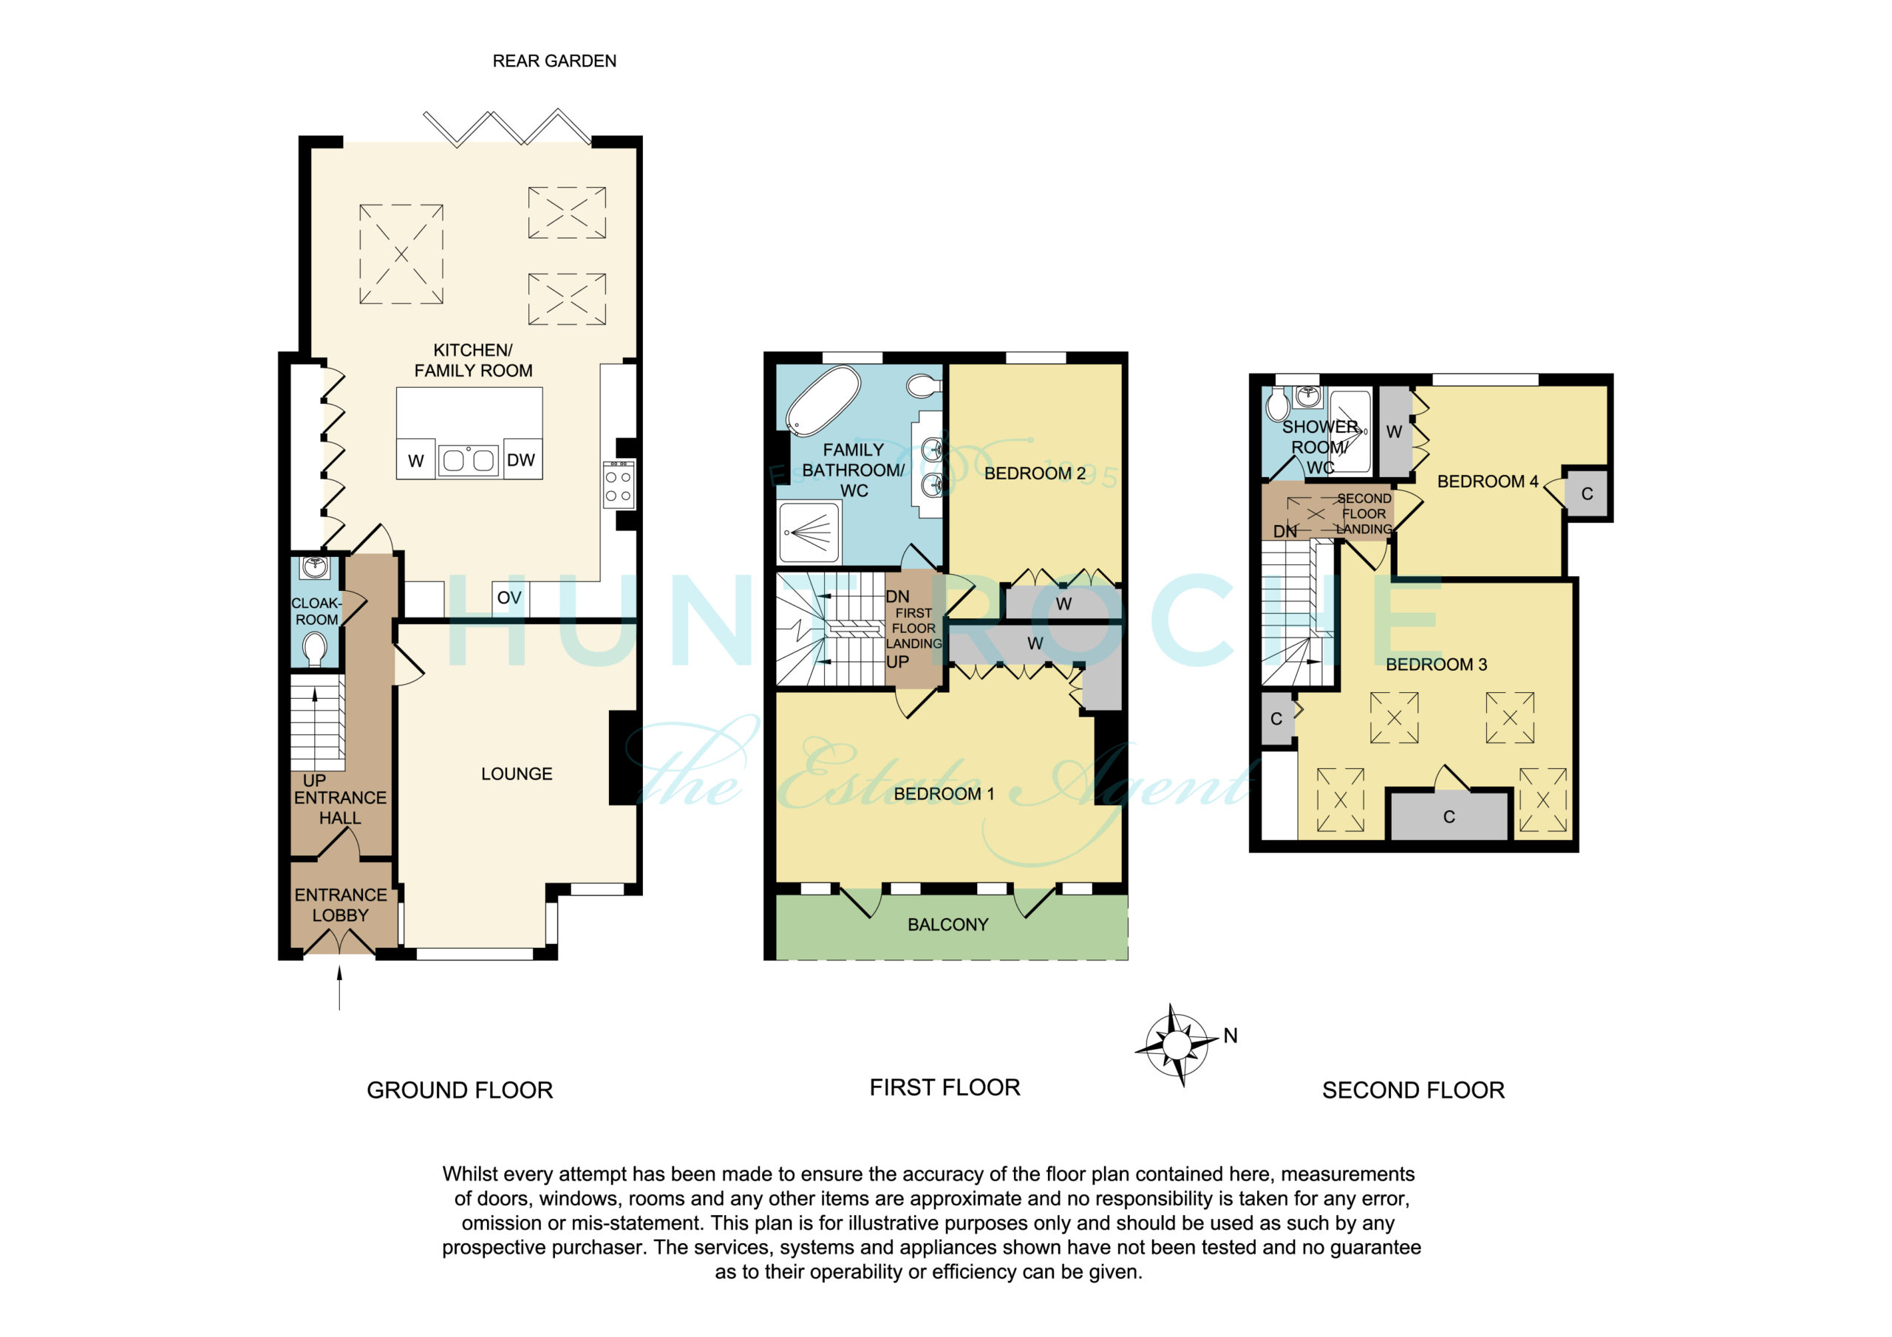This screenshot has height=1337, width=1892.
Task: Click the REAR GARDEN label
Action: [554, 61]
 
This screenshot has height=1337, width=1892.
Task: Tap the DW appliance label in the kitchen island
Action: [521, 459]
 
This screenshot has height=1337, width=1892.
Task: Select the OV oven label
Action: [509, 598]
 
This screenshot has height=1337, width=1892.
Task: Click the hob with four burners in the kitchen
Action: [618, 485]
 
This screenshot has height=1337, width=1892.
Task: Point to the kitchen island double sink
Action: [469, 459]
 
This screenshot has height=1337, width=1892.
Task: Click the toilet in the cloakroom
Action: [314, 649]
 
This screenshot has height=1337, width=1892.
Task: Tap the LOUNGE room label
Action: [517, 773]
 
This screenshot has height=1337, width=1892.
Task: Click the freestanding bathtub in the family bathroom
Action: [823, 401]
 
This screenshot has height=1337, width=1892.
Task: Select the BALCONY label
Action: [947, 924]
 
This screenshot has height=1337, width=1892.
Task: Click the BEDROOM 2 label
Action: [1035, 473]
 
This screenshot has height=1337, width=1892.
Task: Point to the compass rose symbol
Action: [1177, 1044]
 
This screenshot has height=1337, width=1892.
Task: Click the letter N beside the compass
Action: [1231, 1036]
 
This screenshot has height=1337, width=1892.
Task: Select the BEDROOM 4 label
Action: [1488, 481]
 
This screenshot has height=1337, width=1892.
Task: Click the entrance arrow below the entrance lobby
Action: [339, 988]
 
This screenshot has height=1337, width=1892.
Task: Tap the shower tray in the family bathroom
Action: [810, 532]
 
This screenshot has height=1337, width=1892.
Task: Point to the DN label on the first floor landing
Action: [897, 596]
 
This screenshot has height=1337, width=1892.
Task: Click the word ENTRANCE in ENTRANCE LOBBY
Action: [340, 895]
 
